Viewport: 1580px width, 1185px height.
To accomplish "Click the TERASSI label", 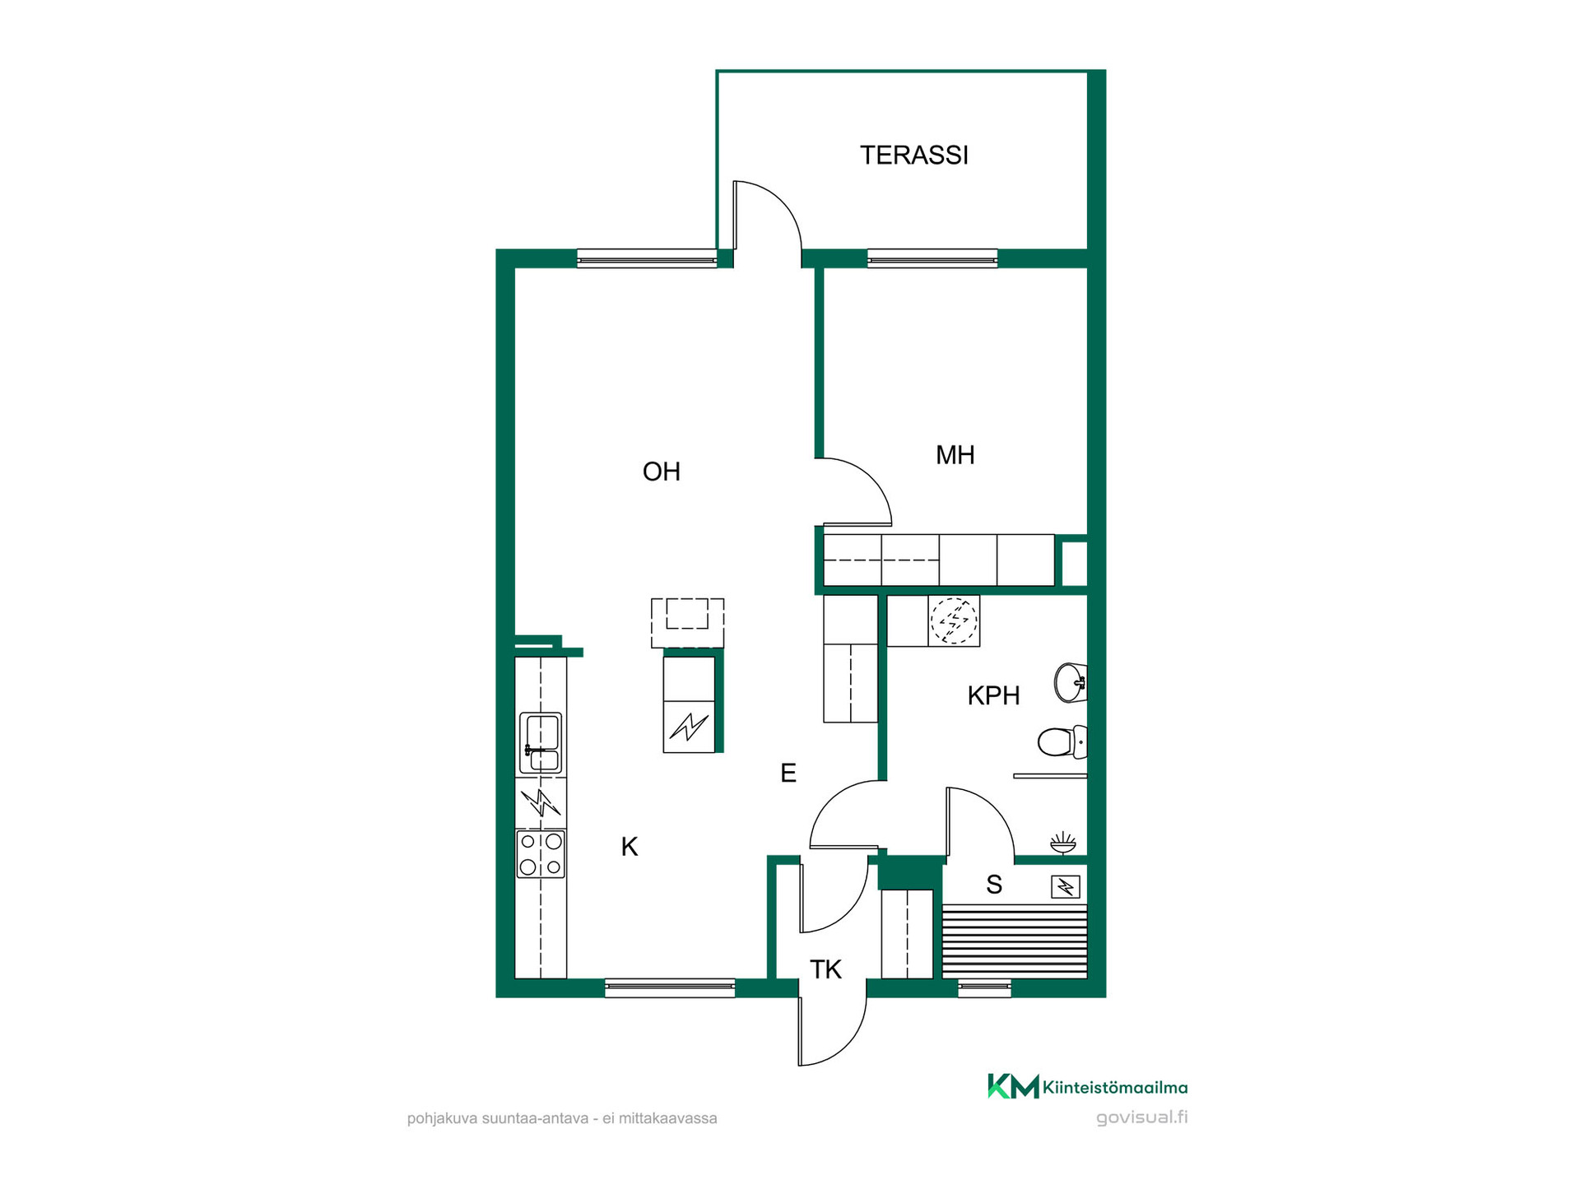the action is pos(914,156).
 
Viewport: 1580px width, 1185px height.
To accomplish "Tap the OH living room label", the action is pos(662,472).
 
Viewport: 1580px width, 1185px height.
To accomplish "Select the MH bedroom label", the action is pos(955,455).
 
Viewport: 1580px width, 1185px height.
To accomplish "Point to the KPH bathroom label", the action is pos(994,696).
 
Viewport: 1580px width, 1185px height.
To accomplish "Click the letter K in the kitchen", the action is pos(630,847).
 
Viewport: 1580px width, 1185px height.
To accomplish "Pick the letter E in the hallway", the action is pos(788,774).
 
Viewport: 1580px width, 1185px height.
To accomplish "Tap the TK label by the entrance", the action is pos(825,970).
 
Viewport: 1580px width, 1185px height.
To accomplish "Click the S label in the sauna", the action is pos(994,885).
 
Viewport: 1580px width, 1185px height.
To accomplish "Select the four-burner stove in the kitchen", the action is pos(541,854).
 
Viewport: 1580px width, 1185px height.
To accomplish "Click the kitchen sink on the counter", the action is pos(541,743).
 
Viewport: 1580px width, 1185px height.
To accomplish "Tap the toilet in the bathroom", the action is pos(1062,741).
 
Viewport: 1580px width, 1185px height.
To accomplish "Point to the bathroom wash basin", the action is pos(1071,682).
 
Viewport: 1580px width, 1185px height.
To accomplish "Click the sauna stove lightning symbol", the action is pos(1066,886).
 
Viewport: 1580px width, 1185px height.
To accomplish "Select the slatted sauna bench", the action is pos(1015,941).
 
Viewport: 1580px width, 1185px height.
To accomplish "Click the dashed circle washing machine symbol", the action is pos(954,620).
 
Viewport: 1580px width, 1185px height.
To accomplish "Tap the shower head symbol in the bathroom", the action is pos(1063,843).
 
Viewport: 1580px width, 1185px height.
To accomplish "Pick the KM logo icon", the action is pos(1013,1086).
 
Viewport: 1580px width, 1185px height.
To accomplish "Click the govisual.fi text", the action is pos(1142,1118).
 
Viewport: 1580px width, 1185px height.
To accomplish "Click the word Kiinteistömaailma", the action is pos(1115,1088).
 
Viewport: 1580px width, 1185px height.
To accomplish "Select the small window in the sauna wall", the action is pos(985,988).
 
